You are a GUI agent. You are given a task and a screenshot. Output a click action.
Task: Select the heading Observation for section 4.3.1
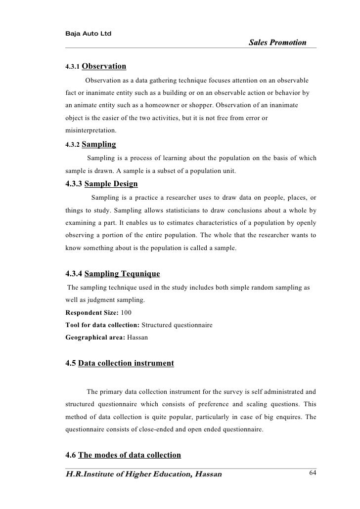pos(103,66)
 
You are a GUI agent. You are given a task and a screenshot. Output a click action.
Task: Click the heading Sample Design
pos(111,184)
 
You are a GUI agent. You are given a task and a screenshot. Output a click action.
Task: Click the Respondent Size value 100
pos(126,313)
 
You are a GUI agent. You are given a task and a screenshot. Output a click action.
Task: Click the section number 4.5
pos(71,364)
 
